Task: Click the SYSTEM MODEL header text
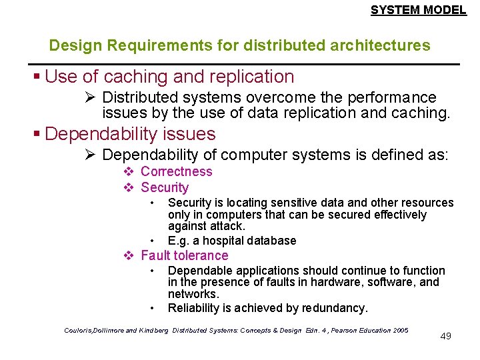click(x=418, y=10)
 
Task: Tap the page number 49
click(x=446, y=336)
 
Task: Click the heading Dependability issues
click(x=130, y=134)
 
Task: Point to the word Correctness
click(x=176, y=171)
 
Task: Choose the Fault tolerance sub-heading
click(x=184, y=255)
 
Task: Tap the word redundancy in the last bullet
click(x=341, y=308)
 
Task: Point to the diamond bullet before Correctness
click(x=129, y=171)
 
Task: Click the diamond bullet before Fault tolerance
click(x=129, y=255)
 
